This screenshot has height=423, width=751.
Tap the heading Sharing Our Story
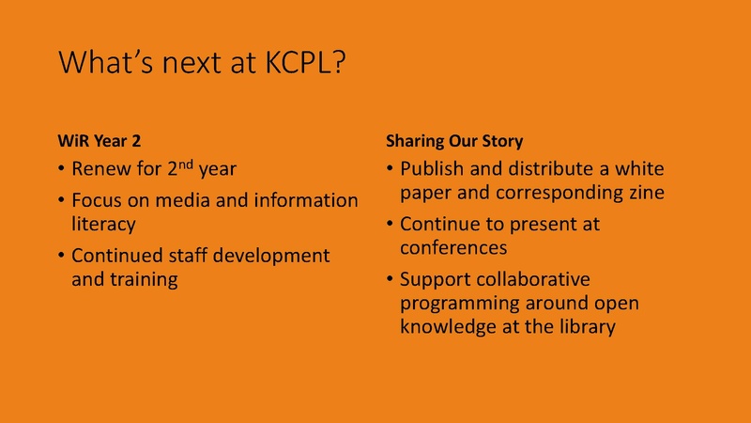454,141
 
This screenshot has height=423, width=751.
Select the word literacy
106,225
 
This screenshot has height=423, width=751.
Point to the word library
588,326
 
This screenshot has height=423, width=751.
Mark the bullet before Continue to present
390,226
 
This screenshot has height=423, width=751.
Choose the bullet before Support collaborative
390,279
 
